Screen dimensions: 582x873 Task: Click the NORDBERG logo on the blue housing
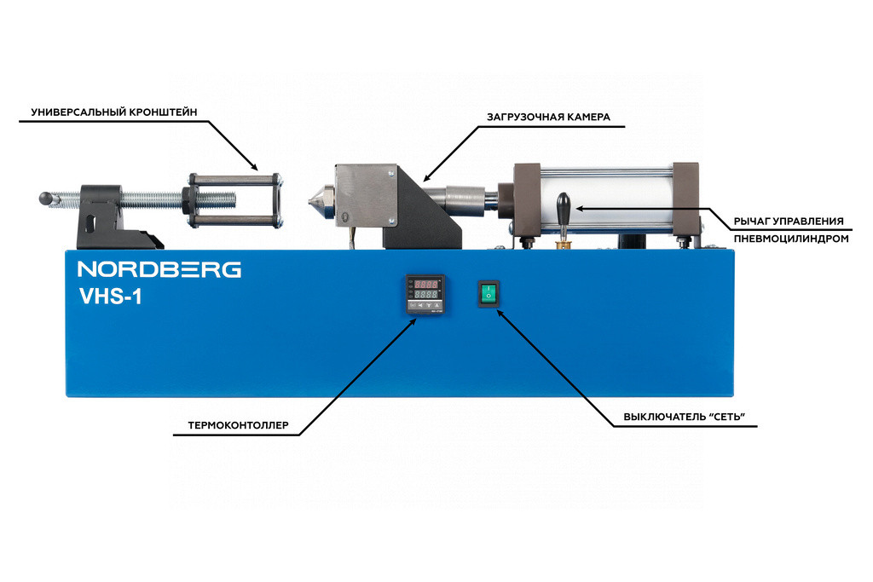point(159,269)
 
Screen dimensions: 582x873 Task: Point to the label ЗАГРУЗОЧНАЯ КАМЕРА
point(548,118)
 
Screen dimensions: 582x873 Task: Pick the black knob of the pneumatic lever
point(563,205)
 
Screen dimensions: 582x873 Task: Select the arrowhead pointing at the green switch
point(500,314)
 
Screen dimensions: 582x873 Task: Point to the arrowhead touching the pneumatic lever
point(579,207)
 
